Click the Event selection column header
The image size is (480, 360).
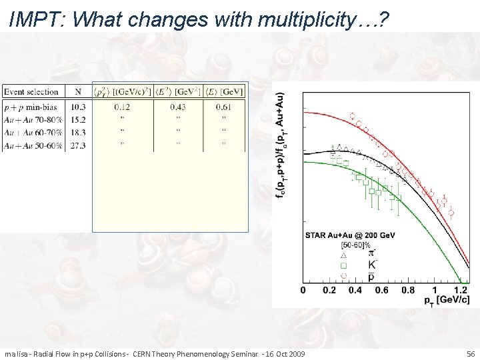point(31,91)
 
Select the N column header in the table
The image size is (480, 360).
point(78,91)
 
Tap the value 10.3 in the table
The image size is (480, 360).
point(78,107)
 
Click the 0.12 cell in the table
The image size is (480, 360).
point(122,107)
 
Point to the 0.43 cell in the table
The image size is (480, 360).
point(178,107)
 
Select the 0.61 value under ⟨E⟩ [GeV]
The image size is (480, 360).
point(224,107)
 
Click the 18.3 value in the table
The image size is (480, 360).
point(78,132)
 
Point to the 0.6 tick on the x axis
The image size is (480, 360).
point(381,291)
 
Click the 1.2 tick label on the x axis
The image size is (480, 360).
point(461,291)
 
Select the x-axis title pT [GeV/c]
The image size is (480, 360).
point(447,301)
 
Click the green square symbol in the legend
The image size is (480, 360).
point(345,265)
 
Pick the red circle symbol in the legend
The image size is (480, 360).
point(345,275)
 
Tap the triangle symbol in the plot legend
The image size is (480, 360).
point(345,255)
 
